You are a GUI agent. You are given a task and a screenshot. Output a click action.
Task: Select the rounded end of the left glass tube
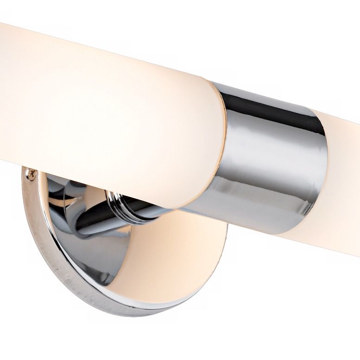(x=204, y=153)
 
